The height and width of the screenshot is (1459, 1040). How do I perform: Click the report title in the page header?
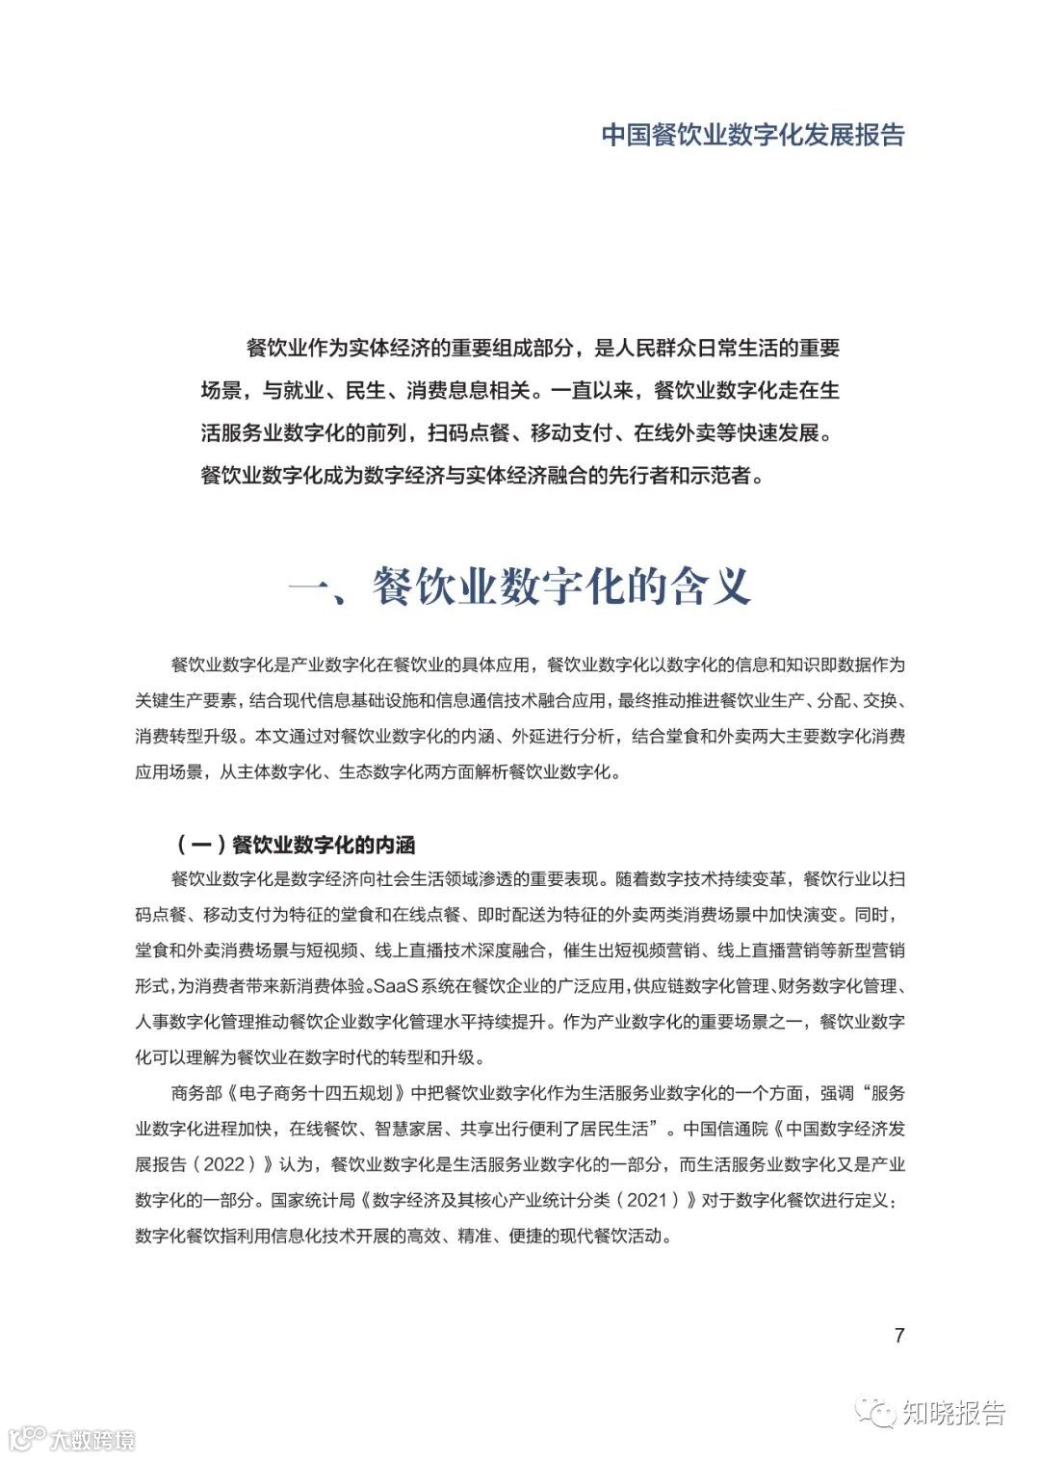click(753, 134)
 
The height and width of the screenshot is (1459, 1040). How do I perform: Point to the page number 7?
click(899, 1335)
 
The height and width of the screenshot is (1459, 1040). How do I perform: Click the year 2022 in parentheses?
click(229, 1164)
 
